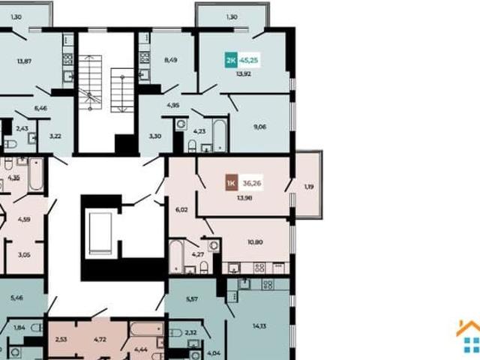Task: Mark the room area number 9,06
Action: pyautogui.click(x=259, y=127)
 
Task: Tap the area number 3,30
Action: pyautogui.click(x=155, y=136)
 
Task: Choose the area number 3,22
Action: pyautogui.click(x=55, y=136)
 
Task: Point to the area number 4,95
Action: pyautogui.click(x=173, y=106)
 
